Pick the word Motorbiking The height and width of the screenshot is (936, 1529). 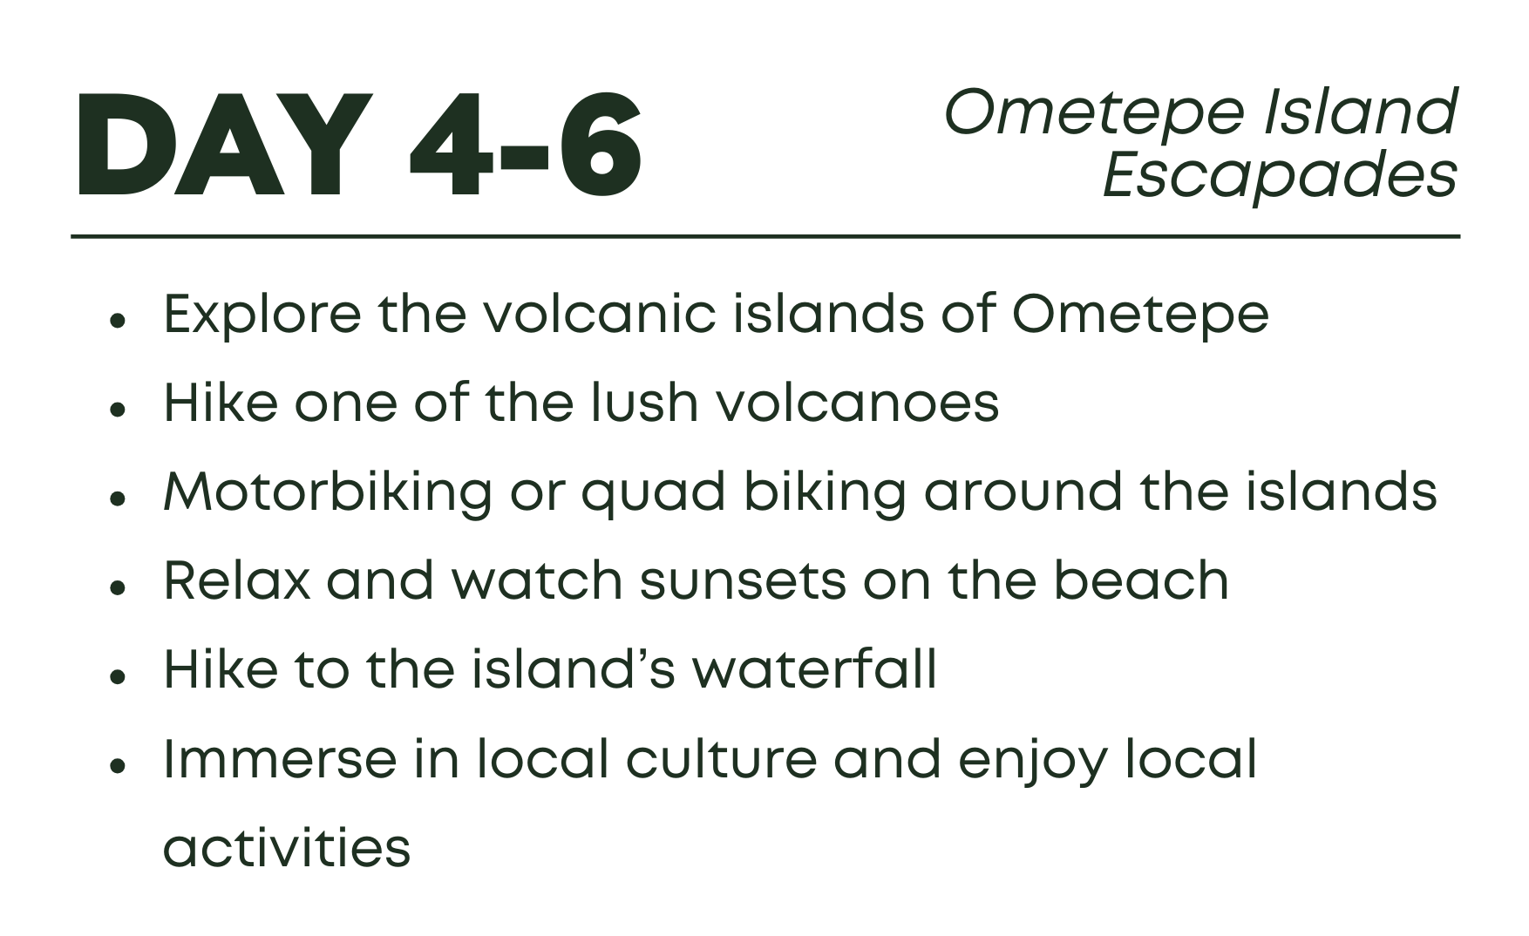[x=328, y=492]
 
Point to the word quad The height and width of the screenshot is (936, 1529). [x=653, y=492]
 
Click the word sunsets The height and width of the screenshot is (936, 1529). [x=743, y=580]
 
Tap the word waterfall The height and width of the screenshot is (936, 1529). [x=814, y=668]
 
